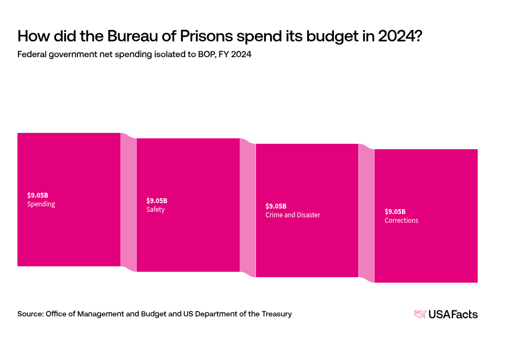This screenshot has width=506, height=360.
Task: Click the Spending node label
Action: point(41,204)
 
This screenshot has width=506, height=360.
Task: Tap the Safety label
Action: point(155,210)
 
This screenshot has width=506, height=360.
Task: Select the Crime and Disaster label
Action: point(292,215)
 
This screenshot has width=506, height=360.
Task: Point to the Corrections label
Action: point(401,221)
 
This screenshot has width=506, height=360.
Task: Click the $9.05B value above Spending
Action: point(38,195)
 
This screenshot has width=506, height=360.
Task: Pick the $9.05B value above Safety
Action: point(157,200)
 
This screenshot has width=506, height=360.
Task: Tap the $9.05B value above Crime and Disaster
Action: point(276,206)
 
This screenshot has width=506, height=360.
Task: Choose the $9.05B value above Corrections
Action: point(395,211)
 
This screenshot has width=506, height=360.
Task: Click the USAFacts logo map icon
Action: point(420,314)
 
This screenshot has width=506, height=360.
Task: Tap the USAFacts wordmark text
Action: point(453,314)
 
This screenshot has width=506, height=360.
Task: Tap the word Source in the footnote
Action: point(29,314)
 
